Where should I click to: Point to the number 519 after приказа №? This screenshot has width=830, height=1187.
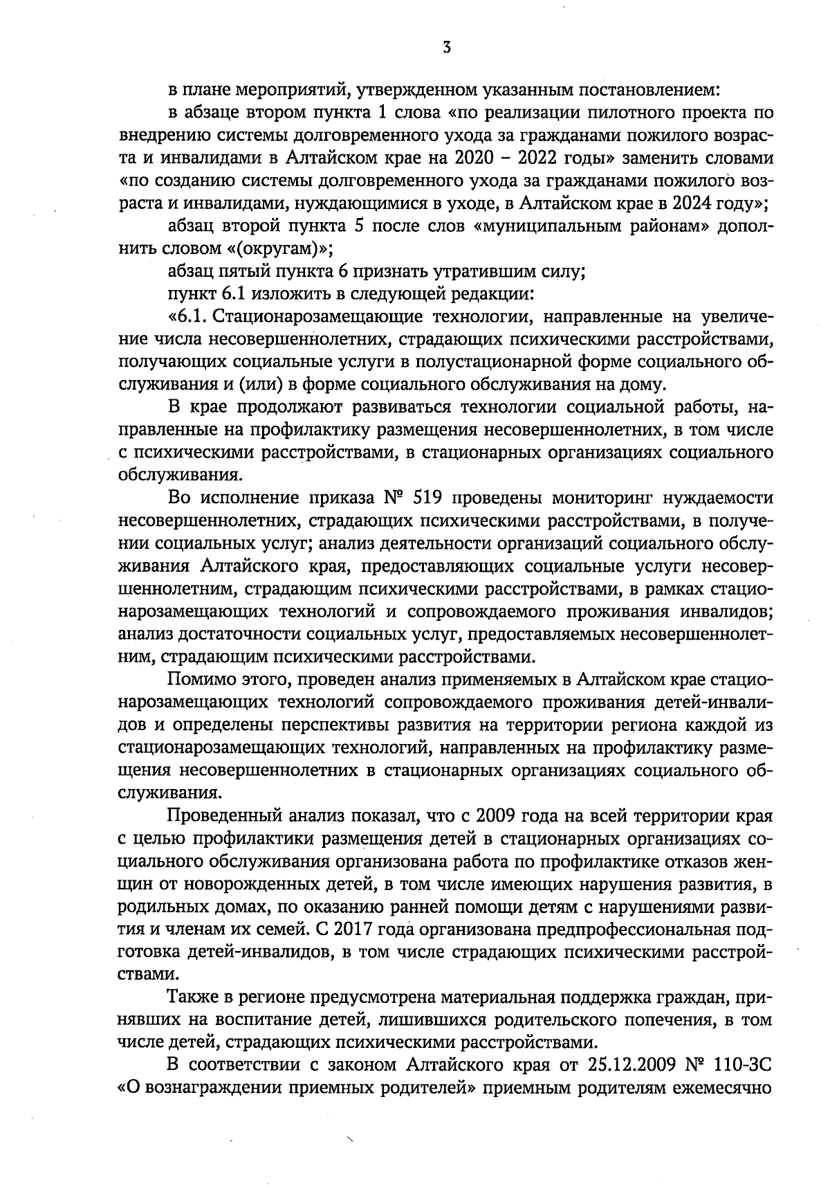431,498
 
